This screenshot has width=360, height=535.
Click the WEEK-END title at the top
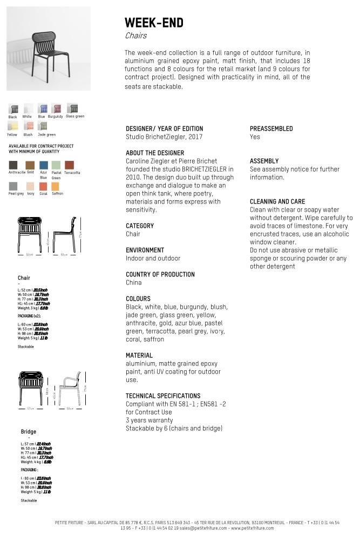pyautogui.click(x=154, y=23)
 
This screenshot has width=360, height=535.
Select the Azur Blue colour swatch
pyautogui.click(x=44, y=165)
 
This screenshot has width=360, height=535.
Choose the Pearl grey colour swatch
pyautogui.click(x=13, y=186)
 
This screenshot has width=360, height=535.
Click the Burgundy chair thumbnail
pyautogui.click(x=55, y=109)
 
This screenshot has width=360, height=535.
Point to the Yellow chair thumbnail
pyautogui.click(x=12, y=127)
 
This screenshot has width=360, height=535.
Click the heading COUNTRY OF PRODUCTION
pyautogui.click(x=160, y=274)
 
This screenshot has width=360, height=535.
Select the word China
pyautogui.click(x=133, y=282)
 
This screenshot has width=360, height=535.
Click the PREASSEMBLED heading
pyautogui.click(x=271, y=128)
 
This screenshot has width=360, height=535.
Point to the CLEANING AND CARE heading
pyautogui.click(x=277, y=201)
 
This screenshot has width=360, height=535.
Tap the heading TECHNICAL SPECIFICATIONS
pyautogui.click(x=163, y=396)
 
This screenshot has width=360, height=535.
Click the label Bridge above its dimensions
pyautogui.click(x=29, y=432)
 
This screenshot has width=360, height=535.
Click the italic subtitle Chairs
pyautogui.click(x=135, y=36)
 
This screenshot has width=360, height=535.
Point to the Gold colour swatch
pyautogui.click(x=30, y=165)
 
